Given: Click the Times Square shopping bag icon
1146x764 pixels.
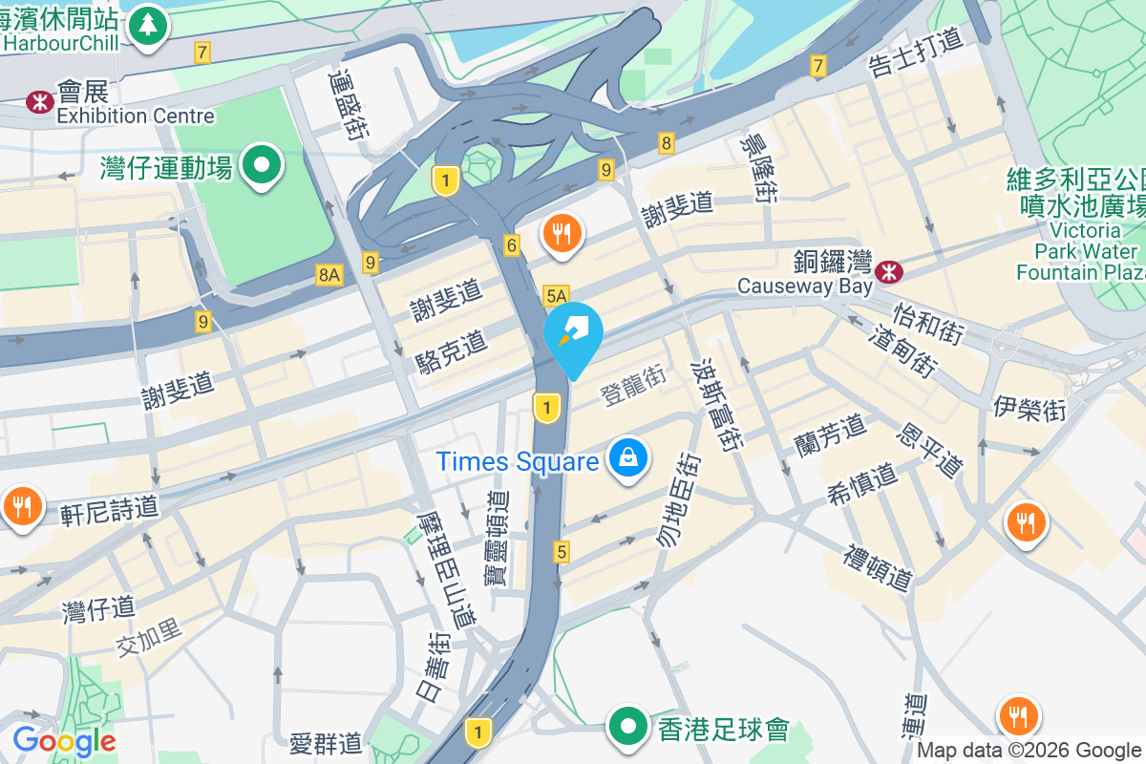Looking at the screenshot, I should click(x=629, y=459).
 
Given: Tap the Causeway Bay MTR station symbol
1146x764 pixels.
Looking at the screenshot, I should click(x=890, y=271).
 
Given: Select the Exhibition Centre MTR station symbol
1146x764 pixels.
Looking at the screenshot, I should click(x=40, y=101).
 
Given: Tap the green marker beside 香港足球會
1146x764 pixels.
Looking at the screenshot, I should click(x=627, y=728).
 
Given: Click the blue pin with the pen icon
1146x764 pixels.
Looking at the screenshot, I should click(x=573, y=332).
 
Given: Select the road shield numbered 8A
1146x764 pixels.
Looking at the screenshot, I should click(x=329, y=275).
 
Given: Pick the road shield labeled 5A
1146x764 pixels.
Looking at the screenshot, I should click(x=556, y=296).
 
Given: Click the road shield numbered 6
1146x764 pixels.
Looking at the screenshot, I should click(x=512, y=246).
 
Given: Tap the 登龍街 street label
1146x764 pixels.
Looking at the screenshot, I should click(x=632, y=384).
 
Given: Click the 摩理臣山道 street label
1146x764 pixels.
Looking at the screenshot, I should click(x=446, y=568).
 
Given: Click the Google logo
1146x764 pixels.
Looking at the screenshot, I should click(x=64, y=741).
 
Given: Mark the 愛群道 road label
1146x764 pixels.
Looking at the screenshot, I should click(x=326, y=741).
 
